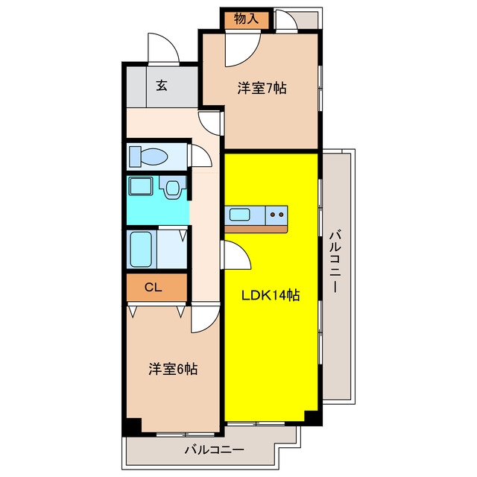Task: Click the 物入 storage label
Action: coord(246,19)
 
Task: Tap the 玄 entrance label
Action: coord(162,86)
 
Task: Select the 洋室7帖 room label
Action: coord(262,89)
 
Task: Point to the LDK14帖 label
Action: coord(271,295)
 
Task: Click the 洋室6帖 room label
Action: coord(173,369)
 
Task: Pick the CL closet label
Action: coord(153,287)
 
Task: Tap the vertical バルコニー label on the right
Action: coord(335,262)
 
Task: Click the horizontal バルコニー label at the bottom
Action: coord(215,449)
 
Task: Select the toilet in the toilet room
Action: coord(148,157)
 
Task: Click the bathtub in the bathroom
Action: coord(141,249)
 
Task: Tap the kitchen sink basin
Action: coord(240,215)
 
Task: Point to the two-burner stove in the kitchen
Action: coord(277,215)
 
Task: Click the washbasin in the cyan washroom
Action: coord(172,188)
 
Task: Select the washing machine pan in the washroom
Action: coord(141,186)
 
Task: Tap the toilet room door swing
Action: coord(201,156)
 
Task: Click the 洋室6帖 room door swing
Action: coord(205,319)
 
